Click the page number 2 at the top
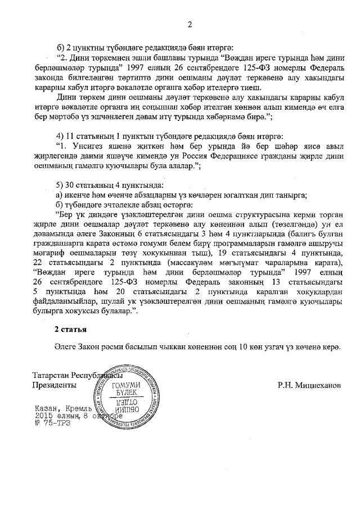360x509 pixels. point(190,24)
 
